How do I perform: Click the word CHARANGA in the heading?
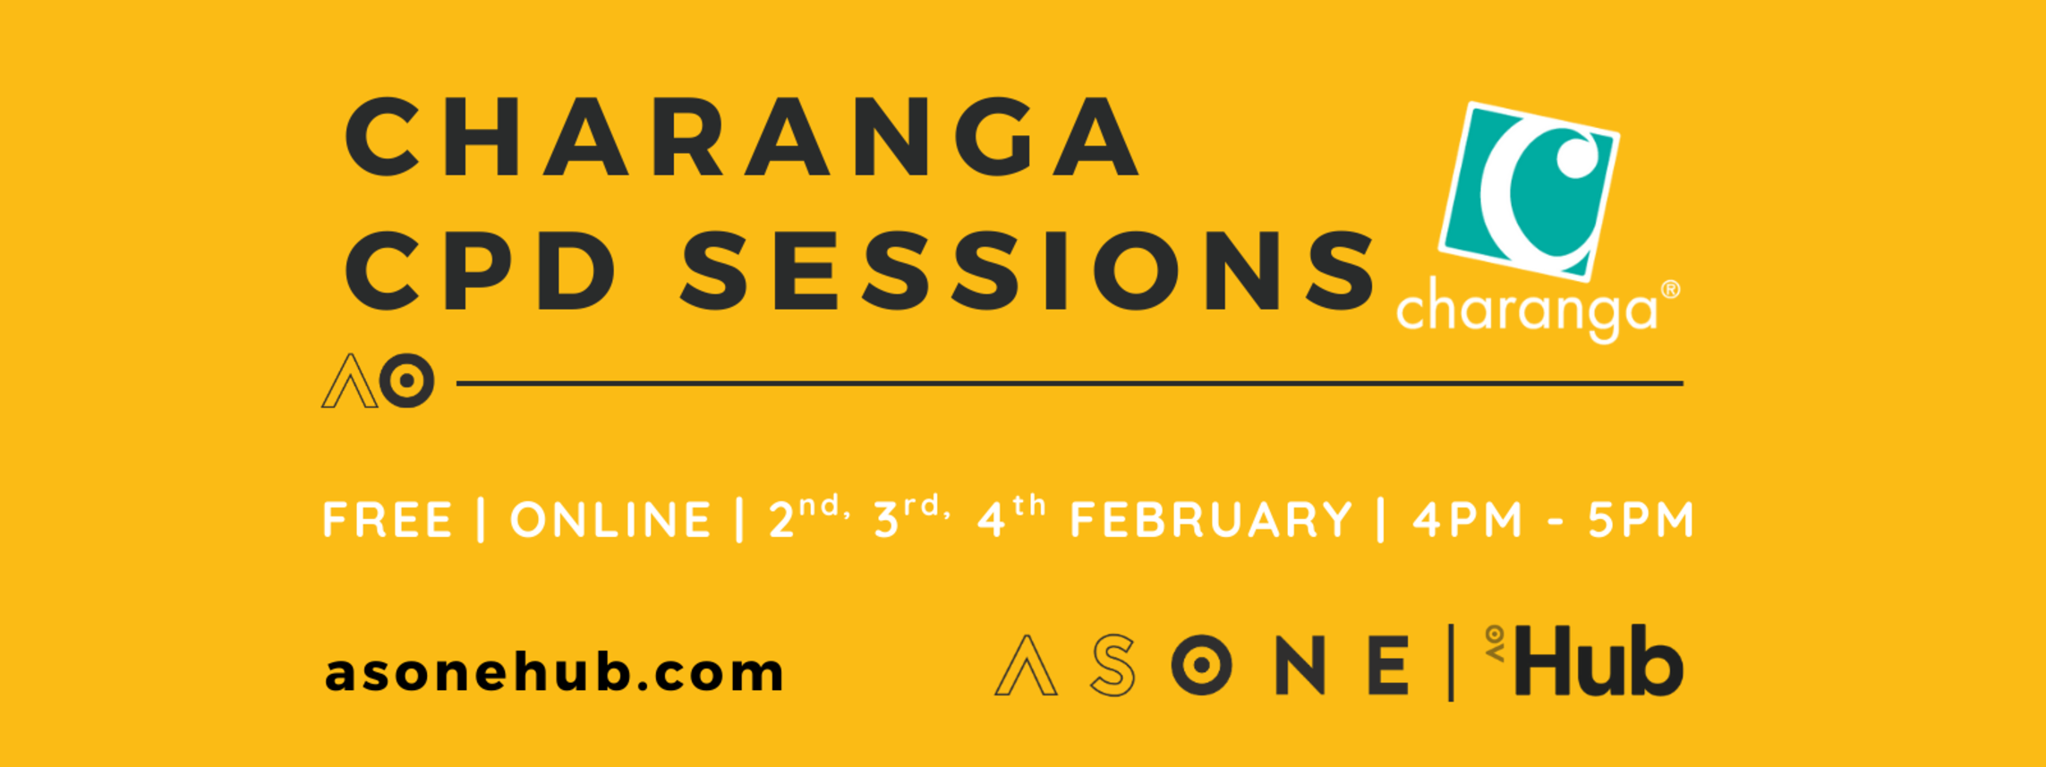tap(742, 137)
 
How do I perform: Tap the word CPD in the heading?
tap(481, 270)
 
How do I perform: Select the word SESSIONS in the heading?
tap(1027, 270)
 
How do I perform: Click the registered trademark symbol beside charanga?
tap(1670, 290)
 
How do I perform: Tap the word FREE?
tap(388, 520)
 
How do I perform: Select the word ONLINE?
tap(610, 520)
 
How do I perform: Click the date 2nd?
tap(808, 517)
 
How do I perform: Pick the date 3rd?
tap(911, 517)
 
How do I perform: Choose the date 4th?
tap(1011, 517)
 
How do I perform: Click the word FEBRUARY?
tap(1211, 520)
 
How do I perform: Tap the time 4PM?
tap(1468, 520)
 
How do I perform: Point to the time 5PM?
tap(1641, 520)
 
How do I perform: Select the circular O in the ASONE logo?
tap(1201, 665)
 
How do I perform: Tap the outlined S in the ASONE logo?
tap(1113, 665)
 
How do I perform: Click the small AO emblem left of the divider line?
tap(378, 380)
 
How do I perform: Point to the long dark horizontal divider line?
tap(1070, 383)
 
